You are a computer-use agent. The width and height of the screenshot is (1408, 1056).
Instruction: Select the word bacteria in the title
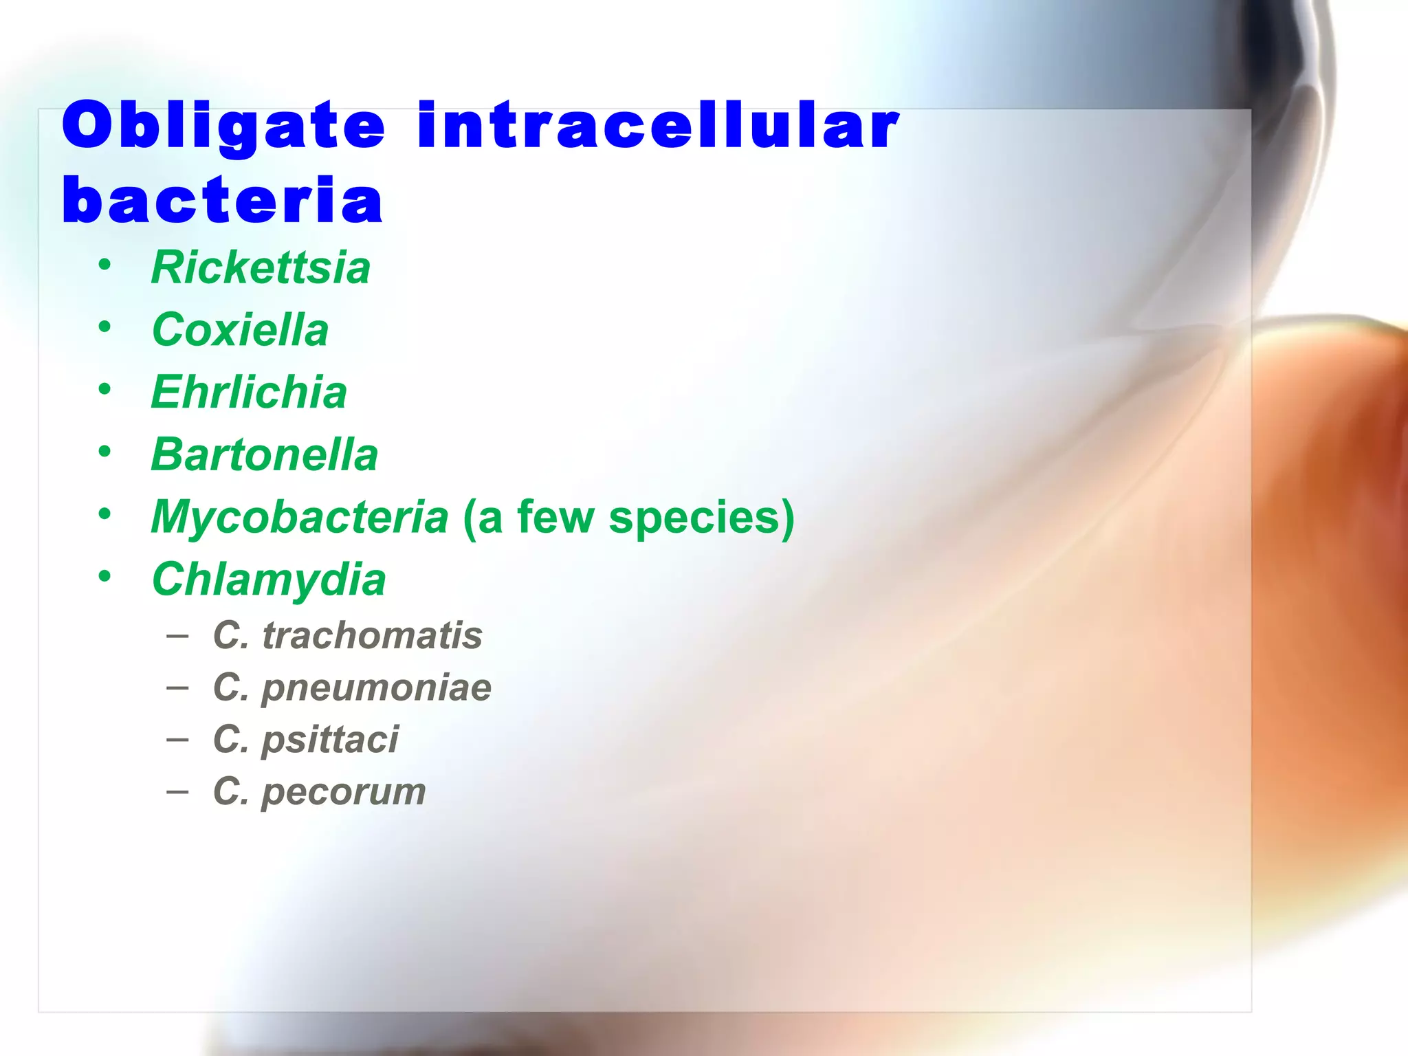(222, 200)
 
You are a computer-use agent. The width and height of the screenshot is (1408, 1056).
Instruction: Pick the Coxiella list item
(240, 329)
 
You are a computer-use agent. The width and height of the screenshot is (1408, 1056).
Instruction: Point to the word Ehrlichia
(249, 392)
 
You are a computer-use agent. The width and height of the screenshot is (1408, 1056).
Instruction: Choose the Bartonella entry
(265, 454)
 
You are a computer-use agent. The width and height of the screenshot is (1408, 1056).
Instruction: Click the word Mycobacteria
(300, 517)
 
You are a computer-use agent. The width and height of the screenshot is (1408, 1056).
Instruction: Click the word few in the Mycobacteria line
(555, 517)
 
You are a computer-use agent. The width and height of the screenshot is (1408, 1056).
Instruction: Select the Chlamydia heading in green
(269, 580)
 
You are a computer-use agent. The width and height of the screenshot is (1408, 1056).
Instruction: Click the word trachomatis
(372, 635)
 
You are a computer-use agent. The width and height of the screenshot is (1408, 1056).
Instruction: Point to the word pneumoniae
(377, 687)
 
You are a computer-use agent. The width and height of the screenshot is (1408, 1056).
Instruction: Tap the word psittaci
(330, 740)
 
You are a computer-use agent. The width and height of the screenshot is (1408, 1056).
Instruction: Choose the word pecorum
(344, 791)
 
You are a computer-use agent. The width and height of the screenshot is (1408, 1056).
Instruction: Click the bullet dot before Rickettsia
(104, 265)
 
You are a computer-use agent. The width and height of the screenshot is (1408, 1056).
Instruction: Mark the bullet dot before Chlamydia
(104, 576)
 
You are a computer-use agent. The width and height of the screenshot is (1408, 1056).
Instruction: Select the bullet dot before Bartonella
(104, 452)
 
